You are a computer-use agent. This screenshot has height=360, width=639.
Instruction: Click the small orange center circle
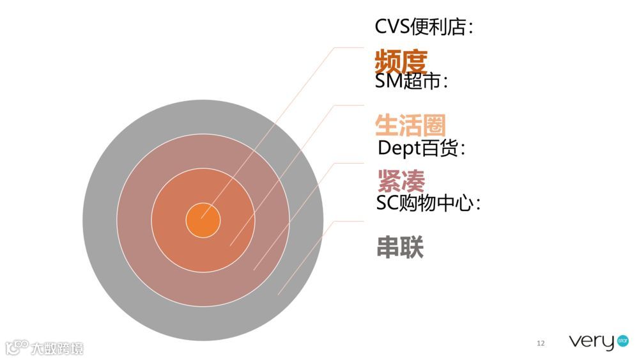pos(203,221)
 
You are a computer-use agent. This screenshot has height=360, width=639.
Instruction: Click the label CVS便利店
pos(424,27)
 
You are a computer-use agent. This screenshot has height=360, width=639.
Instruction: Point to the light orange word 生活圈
pos(410,125)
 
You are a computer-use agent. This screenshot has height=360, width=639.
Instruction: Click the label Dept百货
pos(421,148)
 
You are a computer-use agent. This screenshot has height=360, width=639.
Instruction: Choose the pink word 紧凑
pos(401,181)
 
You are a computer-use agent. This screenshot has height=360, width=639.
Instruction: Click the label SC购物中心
pos(428,203)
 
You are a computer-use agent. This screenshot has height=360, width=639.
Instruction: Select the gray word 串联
pos(400,247)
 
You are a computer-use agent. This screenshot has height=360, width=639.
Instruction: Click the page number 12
pos(541,344)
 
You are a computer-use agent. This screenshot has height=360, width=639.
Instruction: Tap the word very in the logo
pos(591,342)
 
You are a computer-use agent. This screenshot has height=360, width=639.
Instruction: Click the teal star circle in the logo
pos(623,341)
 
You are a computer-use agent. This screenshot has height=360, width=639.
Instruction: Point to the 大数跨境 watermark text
pos(58,348)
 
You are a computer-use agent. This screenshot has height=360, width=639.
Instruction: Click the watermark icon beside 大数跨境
pos(17,347)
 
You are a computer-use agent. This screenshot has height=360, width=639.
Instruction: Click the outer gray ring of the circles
pos(102,221)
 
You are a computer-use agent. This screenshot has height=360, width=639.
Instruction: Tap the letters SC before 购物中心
pos(387,203)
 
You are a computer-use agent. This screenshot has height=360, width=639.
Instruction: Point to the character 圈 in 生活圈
pos(434,125)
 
